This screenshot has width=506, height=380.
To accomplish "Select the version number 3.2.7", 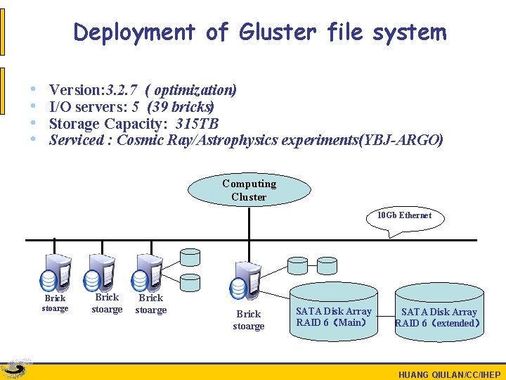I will click(121, 90).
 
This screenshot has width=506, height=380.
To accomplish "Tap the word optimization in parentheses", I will click(193, 90).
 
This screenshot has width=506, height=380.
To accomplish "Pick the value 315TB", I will click(197, 124).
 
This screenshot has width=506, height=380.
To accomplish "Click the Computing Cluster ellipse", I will click(249, 190).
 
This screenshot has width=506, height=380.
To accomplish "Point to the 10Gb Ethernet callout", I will click(404, 215).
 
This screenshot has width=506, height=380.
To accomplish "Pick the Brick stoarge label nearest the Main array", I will click(249, 320).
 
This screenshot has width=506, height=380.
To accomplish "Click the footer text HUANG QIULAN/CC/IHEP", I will click(449, 374).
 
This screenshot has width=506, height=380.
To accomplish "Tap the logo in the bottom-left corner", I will click(16, 369).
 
